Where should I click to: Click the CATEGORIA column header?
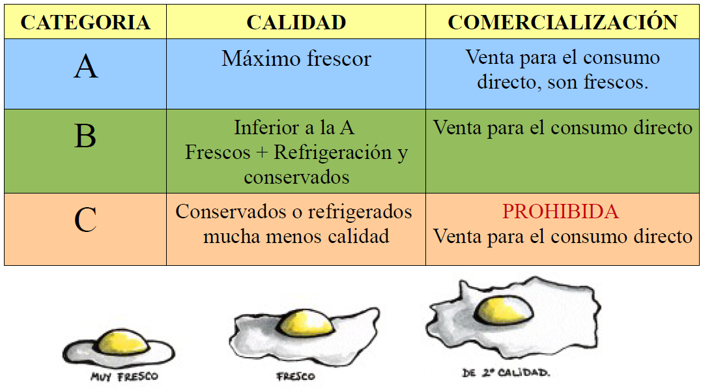point(85,23)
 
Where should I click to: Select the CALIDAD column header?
point(296,23)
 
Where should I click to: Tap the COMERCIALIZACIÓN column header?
point(563,23)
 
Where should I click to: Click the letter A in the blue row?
point(85,67)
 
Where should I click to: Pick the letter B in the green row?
point(85,137)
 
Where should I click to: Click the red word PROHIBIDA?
point(560,212)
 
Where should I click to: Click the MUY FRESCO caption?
point(124,377)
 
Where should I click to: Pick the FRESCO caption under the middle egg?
point(295,377)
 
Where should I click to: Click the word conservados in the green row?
point(296,177)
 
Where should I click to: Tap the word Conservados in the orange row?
point(223,212)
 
